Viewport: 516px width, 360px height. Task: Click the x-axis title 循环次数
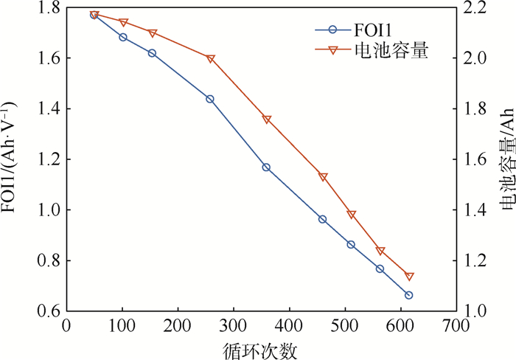point(262,347)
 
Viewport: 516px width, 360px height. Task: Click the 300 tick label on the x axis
point(233,325)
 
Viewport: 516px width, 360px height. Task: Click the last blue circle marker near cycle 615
point(409,295)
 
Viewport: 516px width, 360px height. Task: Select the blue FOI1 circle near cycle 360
point(266,167)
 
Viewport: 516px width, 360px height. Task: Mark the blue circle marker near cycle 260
point(210,99)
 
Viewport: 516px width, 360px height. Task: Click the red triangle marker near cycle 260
point(211,59)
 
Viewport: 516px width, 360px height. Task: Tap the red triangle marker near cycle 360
point(267,120)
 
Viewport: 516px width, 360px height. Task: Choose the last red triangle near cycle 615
point(410,277)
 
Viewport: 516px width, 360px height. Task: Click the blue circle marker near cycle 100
point(123,37)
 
